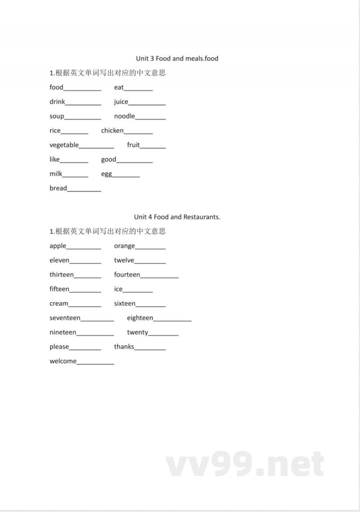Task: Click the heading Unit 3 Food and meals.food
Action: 177,59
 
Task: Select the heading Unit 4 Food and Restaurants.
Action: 177,217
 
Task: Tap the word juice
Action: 121,102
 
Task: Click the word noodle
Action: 124,116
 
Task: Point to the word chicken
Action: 112,131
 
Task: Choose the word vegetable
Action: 64,145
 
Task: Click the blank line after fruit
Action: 153,147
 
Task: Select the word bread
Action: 58,188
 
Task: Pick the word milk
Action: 56,174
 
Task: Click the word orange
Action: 124,246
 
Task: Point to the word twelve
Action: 124,260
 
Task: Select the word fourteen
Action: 127,275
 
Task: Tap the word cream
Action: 59,304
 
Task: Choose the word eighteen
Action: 140,318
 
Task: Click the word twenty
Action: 137,332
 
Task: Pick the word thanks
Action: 124,347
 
